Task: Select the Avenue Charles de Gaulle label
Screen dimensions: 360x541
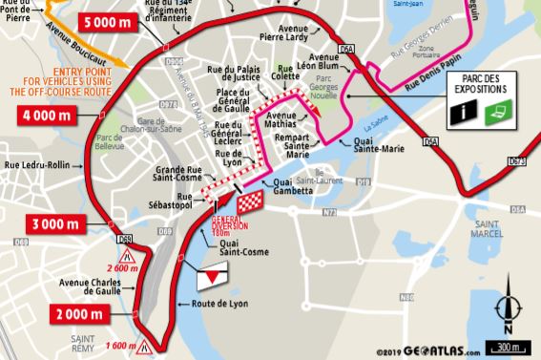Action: point(94,287)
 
